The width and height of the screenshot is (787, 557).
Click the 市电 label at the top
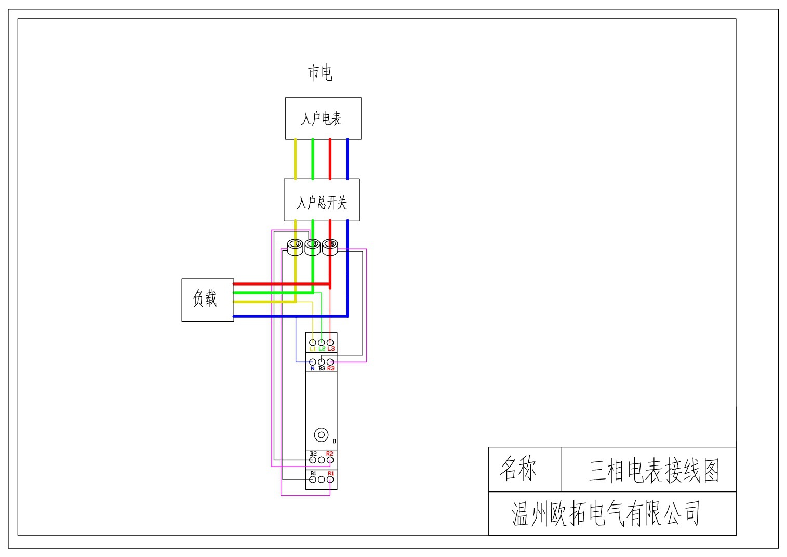(x=320, y=72)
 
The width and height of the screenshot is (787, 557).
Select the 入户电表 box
(x=323, y=119)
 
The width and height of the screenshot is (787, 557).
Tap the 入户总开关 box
(x=322, y=200)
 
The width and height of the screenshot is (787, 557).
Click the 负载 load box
(x=207, y=300)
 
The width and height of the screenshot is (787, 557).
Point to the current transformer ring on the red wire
(x=330, y=246)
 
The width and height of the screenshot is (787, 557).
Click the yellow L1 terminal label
(x=313, y=349)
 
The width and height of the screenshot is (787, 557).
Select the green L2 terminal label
(x=322, y=349)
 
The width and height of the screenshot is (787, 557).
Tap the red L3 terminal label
(x=331, y=349)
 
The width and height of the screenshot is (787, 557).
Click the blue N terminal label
(x=312, y=369)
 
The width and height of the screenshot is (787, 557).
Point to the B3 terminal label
(x=322, y=369)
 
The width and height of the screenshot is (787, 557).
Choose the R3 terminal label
(x=331, y=369)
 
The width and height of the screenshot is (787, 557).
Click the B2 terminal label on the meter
(x=313, y=454)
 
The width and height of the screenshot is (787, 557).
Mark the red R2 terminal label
(x=329, y=454)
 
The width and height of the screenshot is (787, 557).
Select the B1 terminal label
(x=313, y=473)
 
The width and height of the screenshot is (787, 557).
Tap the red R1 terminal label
(x=330, y=473)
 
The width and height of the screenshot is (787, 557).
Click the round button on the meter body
(x=321, y=435)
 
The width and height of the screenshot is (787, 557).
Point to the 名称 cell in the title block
(x=518, y=468)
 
